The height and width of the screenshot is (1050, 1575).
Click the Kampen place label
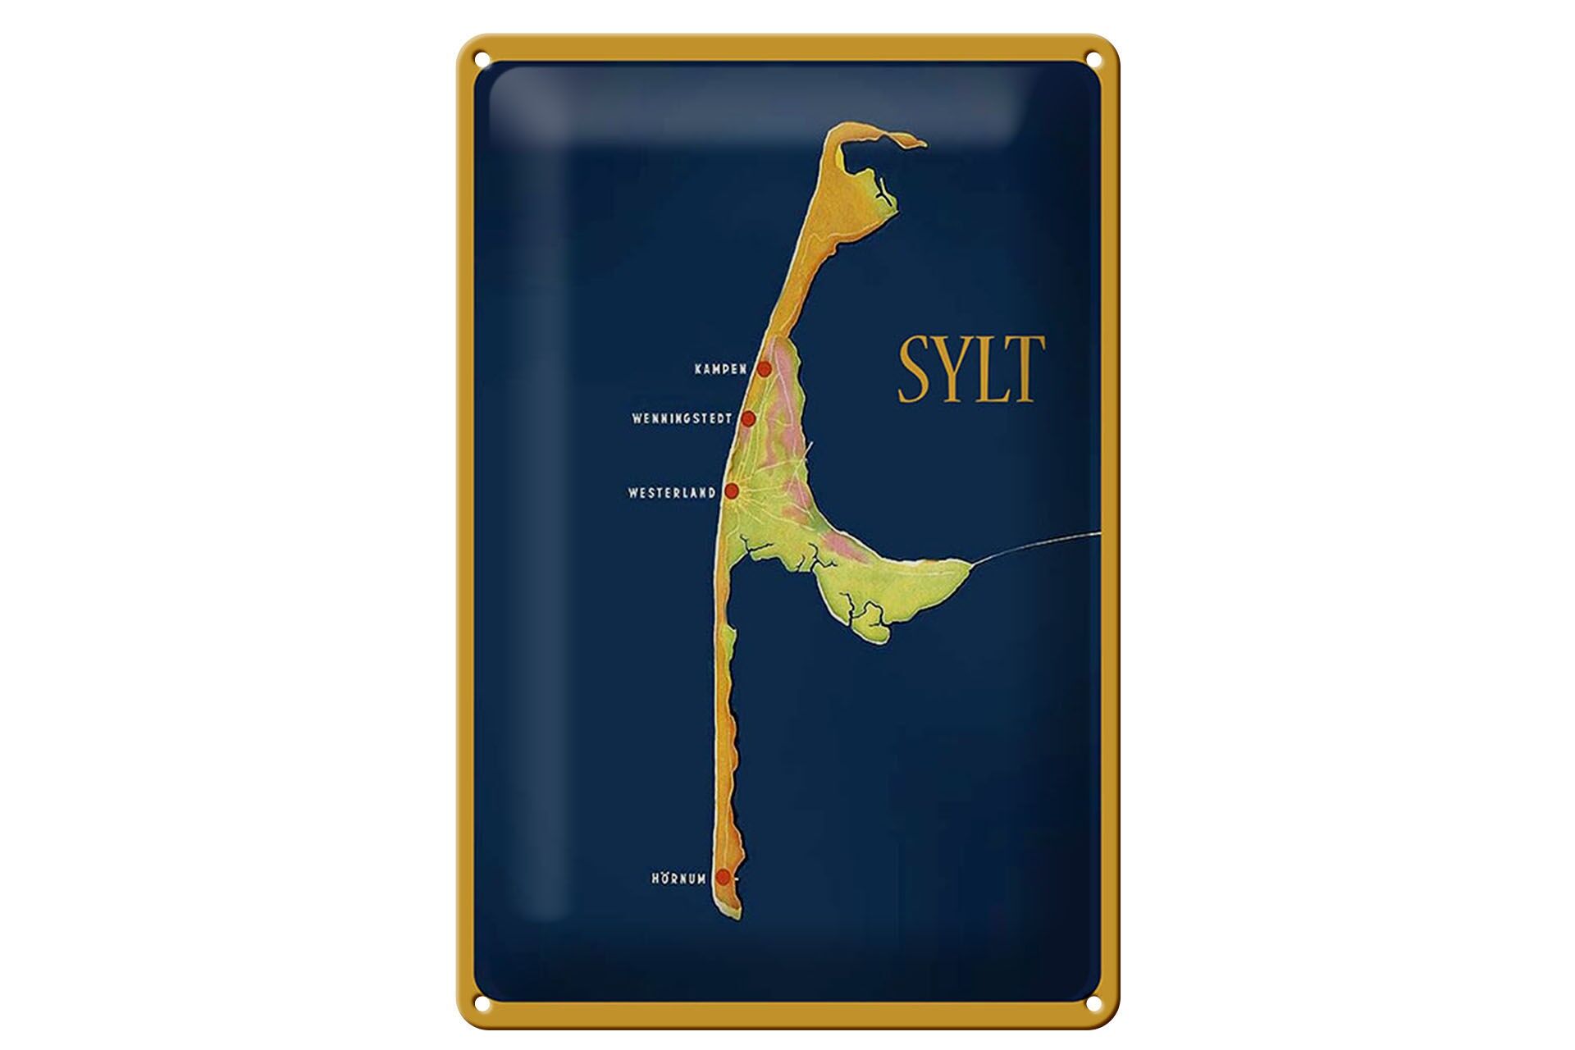point(719,369)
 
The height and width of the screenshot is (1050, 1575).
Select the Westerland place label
point(672,493)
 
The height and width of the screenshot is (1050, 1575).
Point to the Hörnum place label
point(678,879)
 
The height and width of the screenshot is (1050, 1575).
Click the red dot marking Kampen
point(764,368)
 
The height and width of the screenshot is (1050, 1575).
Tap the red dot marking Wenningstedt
point(748,418)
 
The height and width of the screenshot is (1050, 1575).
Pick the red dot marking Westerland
point(732,491)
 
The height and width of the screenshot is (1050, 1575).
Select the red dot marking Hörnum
point(723,877)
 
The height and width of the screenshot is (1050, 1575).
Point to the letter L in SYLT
point(994,369)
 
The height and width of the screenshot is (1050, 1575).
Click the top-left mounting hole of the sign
point(481,58)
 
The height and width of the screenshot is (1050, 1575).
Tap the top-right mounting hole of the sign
point(1094,58)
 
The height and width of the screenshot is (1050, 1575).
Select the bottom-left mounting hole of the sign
point(481,1001)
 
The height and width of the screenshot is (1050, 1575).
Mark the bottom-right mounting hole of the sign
point(1094,1001)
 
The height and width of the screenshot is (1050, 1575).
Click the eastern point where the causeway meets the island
point(972,564)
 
